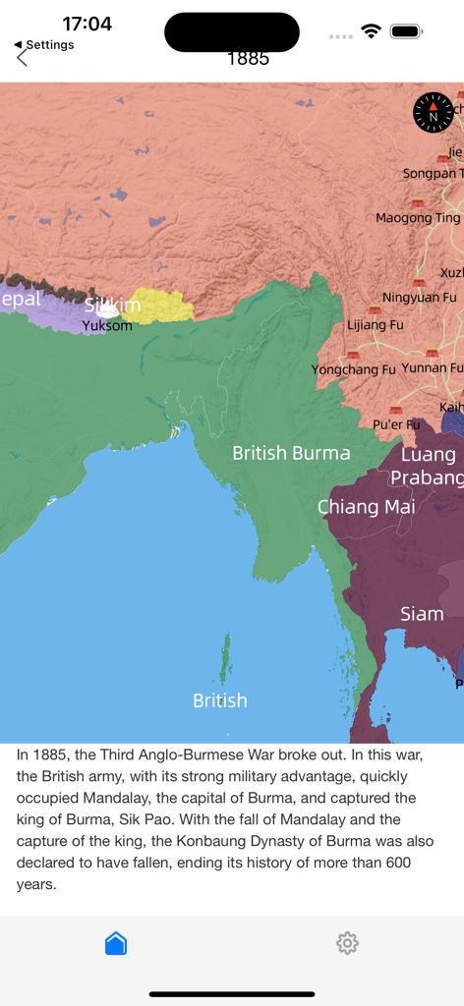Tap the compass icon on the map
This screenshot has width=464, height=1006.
coord(434,111)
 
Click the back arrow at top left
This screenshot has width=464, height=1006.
coord(23,58)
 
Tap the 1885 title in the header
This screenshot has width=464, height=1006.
coord(248,58)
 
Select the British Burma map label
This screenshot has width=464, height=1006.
coord(291,453)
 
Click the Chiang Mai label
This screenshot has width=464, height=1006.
coord(366,507)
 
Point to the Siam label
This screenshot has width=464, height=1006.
coord(422,614)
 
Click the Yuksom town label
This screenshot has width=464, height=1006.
coord(107,325)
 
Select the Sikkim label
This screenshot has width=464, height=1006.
coord(112,306)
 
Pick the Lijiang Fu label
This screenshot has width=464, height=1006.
coord(376,323)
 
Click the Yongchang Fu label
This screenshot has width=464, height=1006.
coord(353,369)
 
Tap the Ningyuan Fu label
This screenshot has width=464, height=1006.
coord(419,297)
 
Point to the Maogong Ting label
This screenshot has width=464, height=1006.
coord(418,217)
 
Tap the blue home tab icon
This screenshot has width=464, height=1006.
coord(116,943)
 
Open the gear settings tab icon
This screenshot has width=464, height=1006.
coord(347,943)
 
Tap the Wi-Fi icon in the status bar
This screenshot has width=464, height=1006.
coord(371,31)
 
